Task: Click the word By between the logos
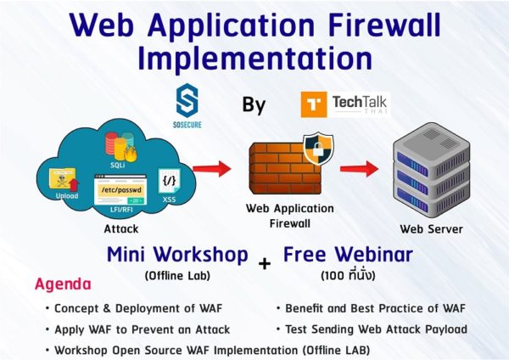pyautogui.click(x=254, y=105)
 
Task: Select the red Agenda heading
pyautogui.click(x=63, y=284)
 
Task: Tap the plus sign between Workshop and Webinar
pyautogui.click(x=265, y=263)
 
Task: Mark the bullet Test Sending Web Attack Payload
pyautogui.click(x=368, y=329)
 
